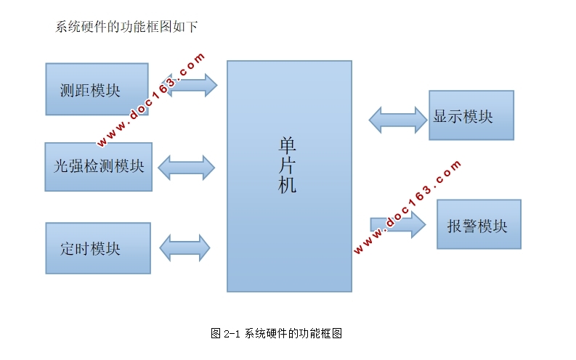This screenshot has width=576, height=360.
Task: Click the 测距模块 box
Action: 97,89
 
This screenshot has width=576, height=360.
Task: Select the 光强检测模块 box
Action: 98,166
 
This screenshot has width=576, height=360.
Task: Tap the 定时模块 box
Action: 97,248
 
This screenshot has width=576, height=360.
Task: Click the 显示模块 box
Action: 471,115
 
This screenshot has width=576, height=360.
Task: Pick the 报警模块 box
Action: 479,224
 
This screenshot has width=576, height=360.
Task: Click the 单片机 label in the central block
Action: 288,165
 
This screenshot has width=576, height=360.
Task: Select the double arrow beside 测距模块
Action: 192,85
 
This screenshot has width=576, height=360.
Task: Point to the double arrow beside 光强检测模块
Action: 187,167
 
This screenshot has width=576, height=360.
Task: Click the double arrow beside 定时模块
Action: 184,247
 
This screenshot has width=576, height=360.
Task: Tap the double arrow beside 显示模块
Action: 398,119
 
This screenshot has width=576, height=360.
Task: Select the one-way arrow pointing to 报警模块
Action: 398,224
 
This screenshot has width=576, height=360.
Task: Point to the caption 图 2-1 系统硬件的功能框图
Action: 276,334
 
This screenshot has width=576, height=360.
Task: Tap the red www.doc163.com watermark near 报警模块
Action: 407,207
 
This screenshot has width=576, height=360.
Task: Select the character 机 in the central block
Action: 288,185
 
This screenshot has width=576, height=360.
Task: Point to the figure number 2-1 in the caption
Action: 232,334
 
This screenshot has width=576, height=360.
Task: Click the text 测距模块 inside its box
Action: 90,91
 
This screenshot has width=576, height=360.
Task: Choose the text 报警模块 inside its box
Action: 477,226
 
